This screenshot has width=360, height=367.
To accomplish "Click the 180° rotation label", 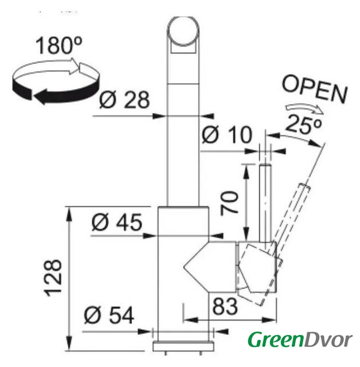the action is (59, 45).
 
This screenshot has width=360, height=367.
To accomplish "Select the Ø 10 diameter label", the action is (227, 135).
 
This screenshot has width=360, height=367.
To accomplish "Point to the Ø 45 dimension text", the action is (117, 222).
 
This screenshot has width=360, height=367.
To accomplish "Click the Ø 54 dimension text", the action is (109, 315).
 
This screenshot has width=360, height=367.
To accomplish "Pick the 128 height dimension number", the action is (53, 278).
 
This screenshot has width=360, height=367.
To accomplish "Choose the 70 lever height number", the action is (229, 202).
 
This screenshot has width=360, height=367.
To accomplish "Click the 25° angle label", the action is (303, 124).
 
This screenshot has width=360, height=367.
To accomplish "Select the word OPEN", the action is (315, 89).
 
